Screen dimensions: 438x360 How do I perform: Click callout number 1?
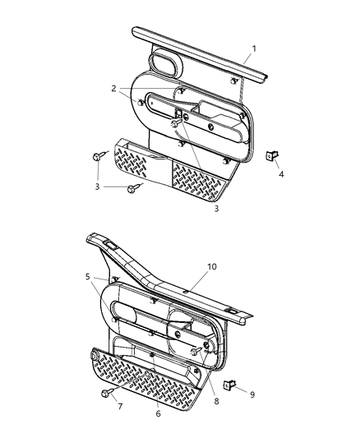pyautogui.click(x=254, y=48)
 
